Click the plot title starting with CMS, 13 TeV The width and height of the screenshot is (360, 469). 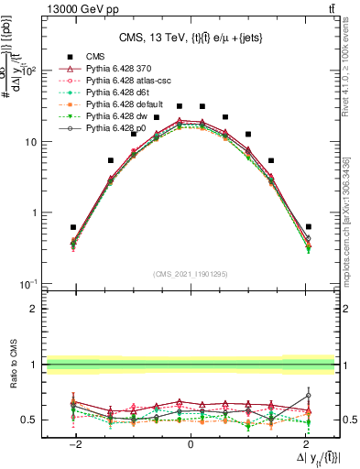[191, 38]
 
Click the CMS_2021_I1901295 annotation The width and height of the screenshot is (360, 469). [191, 274]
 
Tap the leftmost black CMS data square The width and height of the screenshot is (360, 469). [73, 226]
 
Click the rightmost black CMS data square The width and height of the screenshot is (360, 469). [309, 226]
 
